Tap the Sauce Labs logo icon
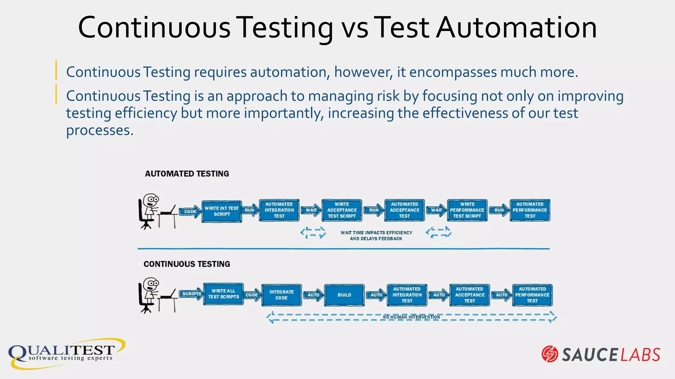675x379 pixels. point(550,354)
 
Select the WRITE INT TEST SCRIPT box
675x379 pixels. point(221,211)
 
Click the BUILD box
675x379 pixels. point(344,295)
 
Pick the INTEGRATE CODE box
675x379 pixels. point(281,295)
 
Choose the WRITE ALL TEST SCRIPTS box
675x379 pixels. point(223,294)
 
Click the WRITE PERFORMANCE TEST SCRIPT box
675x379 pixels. point(467,210)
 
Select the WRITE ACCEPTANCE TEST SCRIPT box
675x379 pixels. point(342,210)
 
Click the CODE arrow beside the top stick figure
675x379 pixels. point(190,212)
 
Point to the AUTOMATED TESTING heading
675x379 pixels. point(187,174)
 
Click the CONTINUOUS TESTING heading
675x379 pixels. point(187,264)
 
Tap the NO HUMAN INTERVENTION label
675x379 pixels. point(411,317)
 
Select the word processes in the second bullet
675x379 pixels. point(100,130)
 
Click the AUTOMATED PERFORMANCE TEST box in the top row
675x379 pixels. point(530,210)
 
